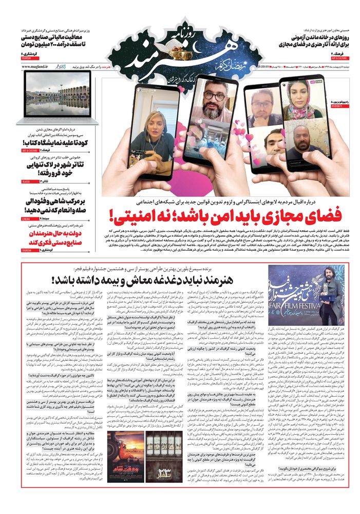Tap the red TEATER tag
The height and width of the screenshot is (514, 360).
pos(27,181)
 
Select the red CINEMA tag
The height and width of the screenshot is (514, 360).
pos(27,218)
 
